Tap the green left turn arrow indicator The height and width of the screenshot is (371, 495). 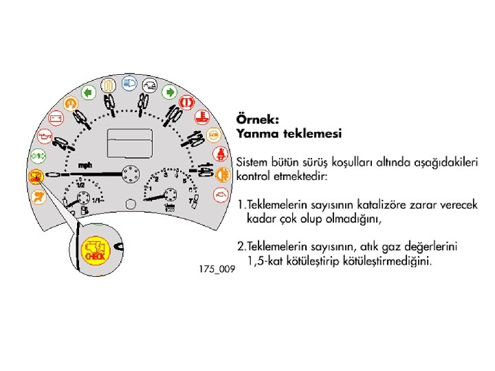click(88, 91)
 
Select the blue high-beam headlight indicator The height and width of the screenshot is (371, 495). click(128, 84)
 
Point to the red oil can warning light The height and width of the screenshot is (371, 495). click(43, 137)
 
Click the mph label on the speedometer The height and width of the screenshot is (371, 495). click(85, 166)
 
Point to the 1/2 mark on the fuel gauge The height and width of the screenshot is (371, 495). click(80, 185)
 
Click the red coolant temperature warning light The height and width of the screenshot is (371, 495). click(201, 117)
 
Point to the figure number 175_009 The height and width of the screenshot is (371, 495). click(217, 269)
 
